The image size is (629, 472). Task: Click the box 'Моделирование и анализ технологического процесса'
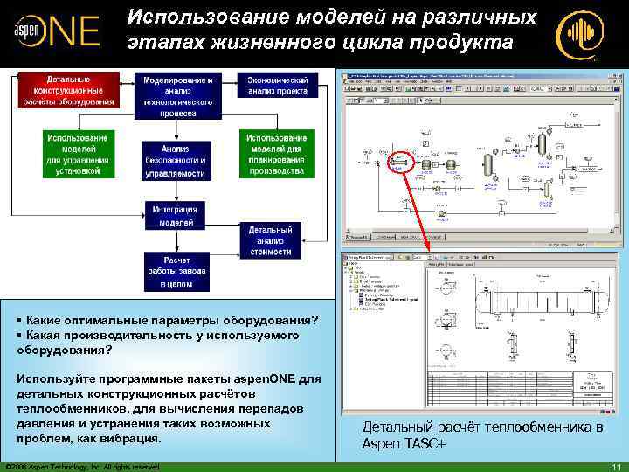(x=177, y=95)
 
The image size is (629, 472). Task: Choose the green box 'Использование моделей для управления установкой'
(x=78, y=154)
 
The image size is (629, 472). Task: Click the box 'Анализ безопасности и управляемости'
(x=177, y=160)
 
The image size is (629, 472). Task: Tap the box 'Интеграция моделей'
(x=176, y=215)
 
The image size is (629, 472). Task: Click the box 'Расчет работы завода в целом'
(x=176, y=272)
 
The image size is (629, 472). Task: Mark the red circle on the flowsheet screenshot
(x=404, y=162)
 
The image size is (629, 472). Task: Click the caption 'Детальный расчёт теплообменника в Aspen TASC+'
(x=482, y=435)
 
